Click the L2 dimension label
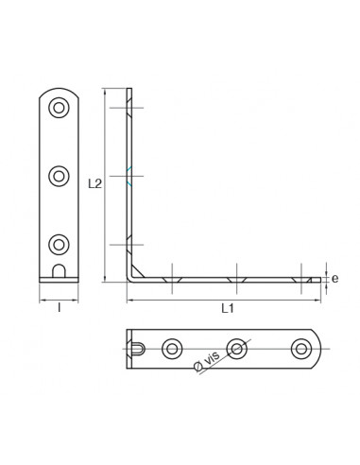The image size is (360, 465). (x=94, y=183)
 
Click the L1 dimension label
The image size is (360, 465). (x=228, y=308)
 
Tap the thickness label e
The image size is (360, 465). (x=334, y=279)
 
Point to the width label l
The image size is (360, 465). (x=59, y=307)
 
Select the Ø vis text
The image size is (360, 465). (x=207, y=362)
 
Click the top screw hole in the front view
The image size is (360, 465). (x=59, y=108)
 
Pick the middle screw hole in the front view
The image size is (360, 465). (x=59, y=176)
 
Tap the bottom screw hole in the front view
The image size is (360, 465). (x=59, y=245)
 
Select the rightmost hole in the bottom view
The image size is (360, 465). (x=301, y=349)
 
